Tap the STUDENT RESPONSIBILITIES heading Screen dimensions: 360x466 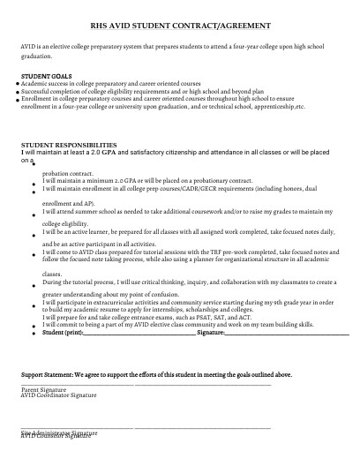click(x=68, y=145)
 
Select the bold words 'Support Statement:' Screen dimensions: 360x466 click(x=50, y=373)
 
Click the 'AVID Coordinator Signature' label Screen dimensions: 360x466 click(x=58, y=395)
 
